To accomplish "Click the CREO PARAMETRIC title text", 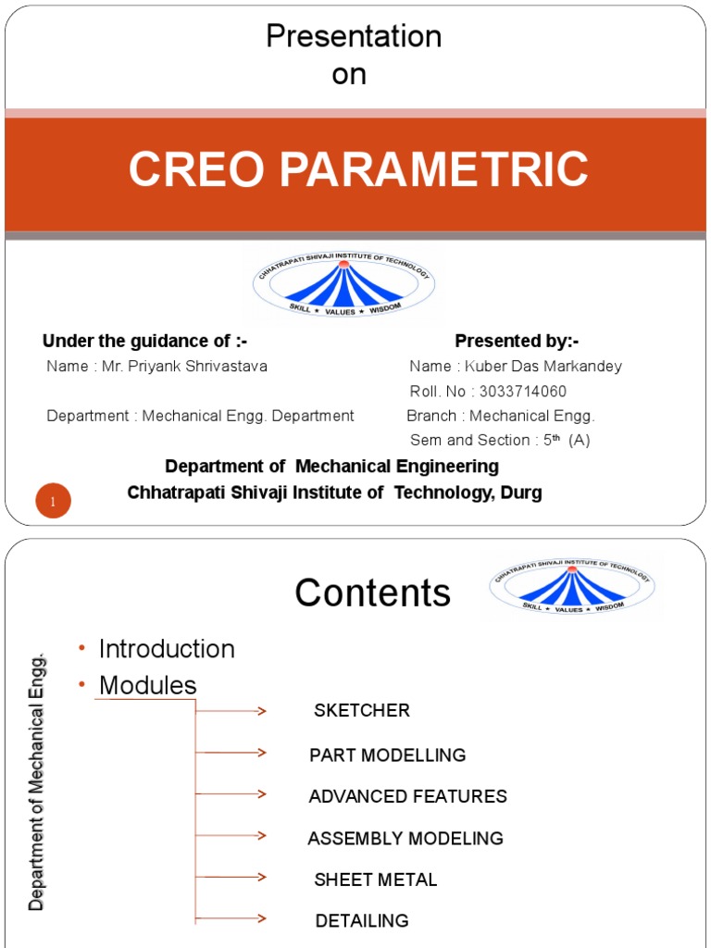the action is click(357, 170).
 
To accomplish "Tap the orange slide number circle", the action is click(54, 501).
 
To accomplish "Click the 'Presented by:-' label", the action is click(517, 341).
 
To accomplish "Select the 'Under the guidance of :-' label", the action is click(145, 341).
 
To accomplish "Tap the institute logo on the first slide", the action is click(343, 285).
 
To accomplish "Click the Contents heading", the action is click(373, 593).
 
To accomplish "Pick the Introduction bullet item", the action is click(167, 649).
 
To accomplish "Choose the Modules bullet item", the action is click(148, 685).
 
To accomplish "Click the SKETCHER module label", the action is click(362, 711).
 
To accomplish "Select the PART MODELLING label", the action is click(388, 755).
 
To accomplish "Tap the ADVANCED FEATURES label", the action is click(408, 796).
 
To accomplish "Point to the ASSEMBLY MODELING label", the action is click(405, 839).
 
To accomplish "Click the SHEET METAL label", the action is click(376, 879).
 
